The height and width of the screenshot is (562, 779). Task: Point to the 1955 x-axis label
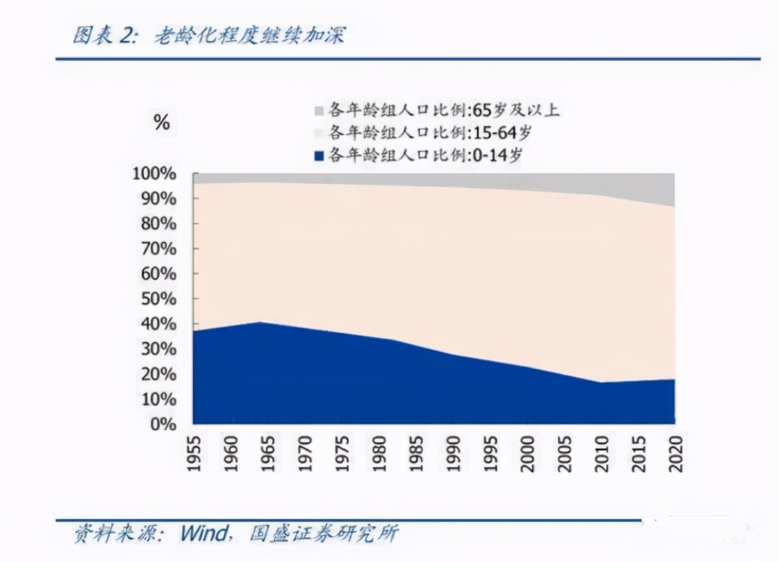(195, 454)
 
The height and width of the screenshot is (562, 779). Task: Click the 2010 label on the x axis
(602, 454)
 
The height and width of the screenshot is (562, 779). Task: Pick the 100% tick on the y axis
(154, 174)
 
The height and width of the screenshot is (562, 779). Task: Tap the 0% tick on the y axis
(162, 424)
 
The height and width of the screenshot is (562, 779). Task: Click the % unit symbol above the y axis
(161, 122)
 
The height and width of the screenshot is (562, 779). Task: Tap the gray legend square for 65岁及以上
(319, 111)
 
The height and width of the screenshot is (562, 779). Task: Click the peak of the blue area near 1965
(259, 322)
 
